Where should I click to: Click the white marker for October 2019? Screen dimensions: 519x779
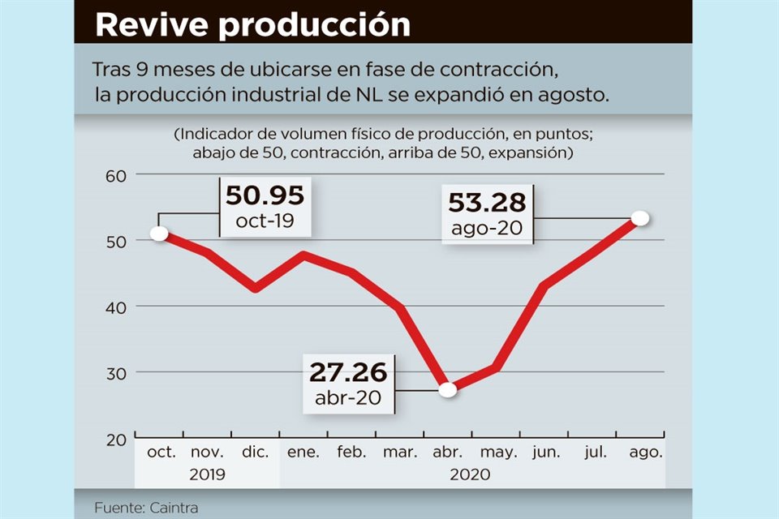pyautogui.click(x=159, y=234)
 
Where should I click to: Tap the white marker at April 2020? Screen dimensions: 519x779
pyautogui.click(x=447, y=390)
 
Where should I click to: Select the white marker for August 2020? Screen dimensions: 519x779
pyautogui.click(x=640, y=218)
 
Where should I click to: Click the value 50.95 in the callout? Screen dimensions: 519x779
pyautogui.click(x=265, y=196)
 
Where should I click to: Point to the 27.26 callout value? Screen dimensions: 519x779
pyautogui.click(x=348, y=373)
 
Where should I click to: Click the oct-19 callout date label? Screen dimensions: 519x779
pyautogui.click(x=265, y=221)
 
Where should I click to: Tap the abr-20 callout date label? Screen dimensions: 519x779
pyautogui.click(x=348, y=398)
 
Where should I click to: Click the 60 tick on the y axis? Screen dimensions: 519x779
pyautogui.click(x=118, y=175)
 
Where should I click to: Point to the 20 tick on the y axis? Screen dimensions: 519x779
pyautogui.click(x=118, y=439)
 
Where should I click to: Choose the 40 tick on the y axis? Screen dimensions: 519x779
pyautogui.click(x=118, y=307)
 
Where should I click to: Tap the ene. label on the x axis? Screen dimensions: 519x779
pyautogui.click(x=303, y=453)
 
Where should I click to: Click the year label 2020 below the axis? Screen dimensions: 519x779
pyautogui.click(x=470, y=474)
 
